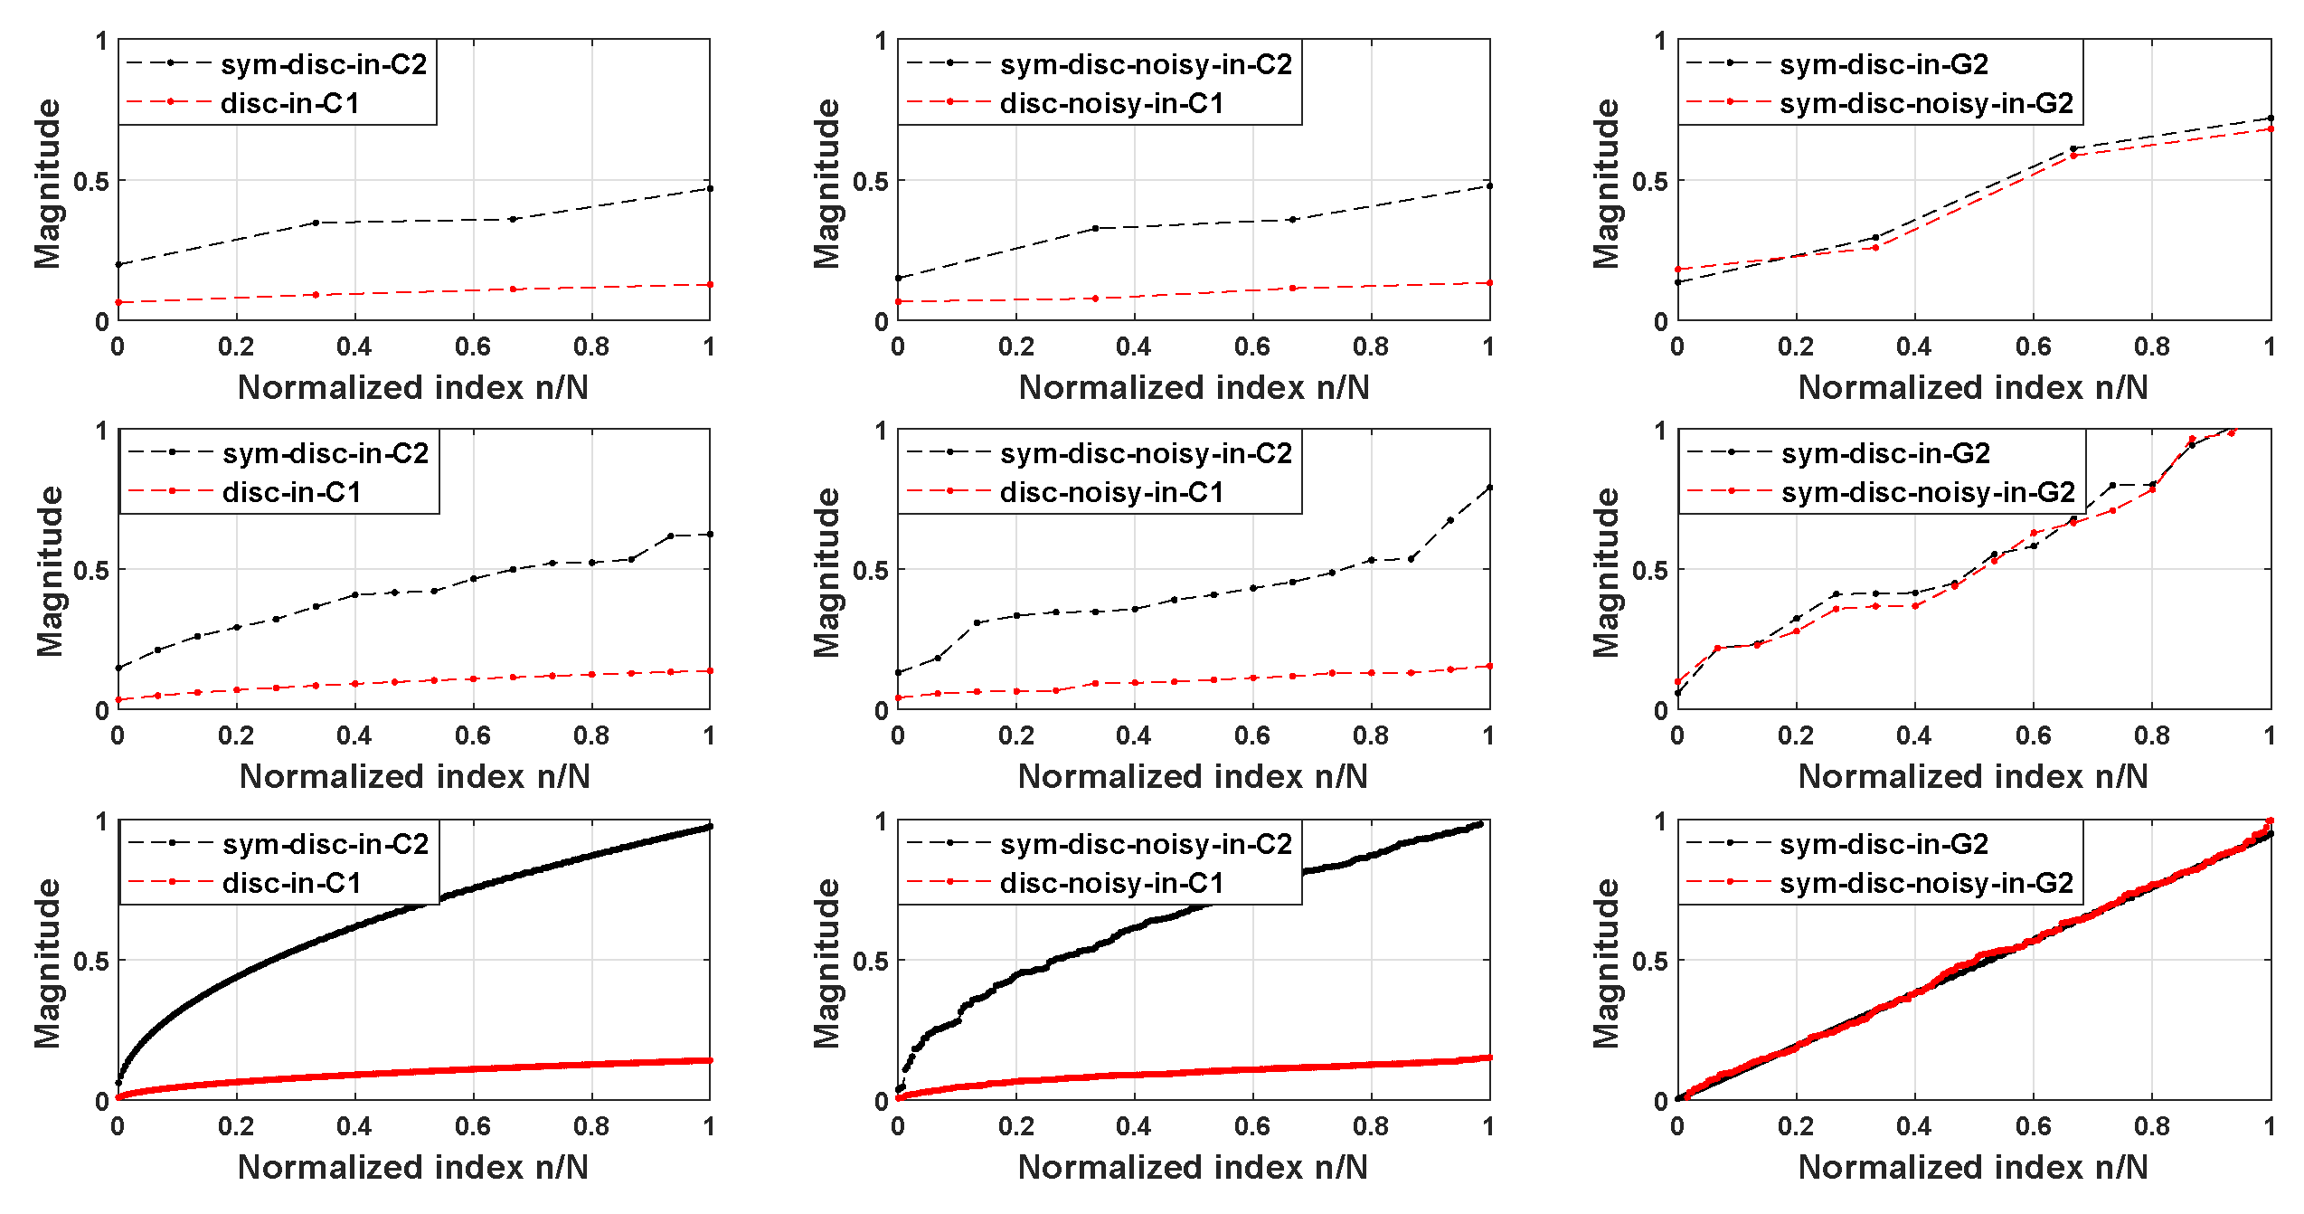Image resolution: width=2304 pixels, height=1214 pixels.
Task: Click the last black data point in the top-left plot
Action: pos(710,188)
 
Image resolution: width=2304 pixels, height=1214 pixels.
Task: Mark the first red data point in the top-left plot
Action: pos(118,302)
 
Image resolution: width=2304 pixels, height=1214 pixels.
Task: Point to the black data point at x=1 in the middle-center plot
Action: pos(1489,488)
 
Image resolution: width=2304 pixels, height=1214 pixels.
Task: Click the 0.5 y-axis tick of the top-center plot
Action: pos(870,182)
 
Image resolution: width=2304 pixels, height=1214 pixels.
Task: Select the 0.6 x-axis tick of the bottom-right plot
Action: pos(2033,1126)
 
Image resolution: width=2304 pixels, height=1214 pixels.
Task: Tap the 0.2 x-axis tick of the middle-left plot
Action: pos(236,735)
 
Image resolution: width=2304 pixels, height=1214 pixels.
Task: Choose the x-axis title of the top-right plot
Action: pos(1973,387)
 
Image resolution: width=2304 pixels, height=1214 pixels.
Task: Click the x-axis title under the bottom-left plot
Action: pos(413,1167)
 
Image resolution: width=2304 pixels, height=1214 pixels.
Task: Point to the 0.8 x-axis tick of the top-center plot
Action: pos(1371,346)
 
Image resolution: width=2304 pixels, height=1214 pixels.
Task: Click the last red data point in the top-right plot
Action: pos(2270,129)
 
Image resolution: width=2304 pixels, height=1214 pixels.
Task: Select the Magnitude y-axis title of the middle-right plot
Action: pos(1607,572)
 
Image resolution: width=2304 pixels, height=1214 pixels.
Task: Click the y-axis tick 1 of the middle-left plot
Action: pos(102,431)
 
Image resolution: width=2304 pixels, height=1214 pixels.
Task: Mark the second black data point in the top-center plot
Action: pos(1095,228)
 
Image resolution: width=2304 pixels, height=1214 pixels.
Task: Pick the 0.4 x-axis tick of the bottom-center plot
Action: pos(1134,1126)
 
